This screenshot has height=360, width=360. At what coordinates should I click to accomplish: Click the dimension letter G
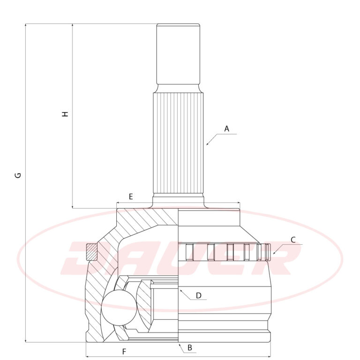pos(18,175)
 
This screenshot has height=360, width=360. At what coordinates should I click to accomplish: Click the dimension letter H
pos(66,114)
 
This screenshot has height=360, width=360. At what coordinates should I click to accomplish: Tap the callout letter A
pos(226,129)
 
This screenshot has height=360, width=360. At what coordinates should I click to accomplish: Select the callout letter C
pos(293,240)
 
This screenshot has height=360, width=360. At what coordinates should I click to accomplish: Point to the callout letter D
pos(199,295)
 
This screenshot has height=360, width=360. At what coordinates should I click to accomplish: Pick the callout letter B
pos(190,348)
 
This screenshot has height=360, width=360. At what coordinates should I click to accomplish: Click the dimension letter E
pos(131,197)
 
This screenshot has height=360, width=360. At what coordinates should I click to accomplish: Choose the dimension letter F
pos(124,352)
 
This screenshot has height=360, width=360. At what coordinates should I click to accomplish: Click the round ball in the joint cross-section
pos(119,307)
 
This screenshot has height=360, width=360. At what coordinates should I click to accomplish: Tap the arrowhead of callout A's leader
pos(207,144)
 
